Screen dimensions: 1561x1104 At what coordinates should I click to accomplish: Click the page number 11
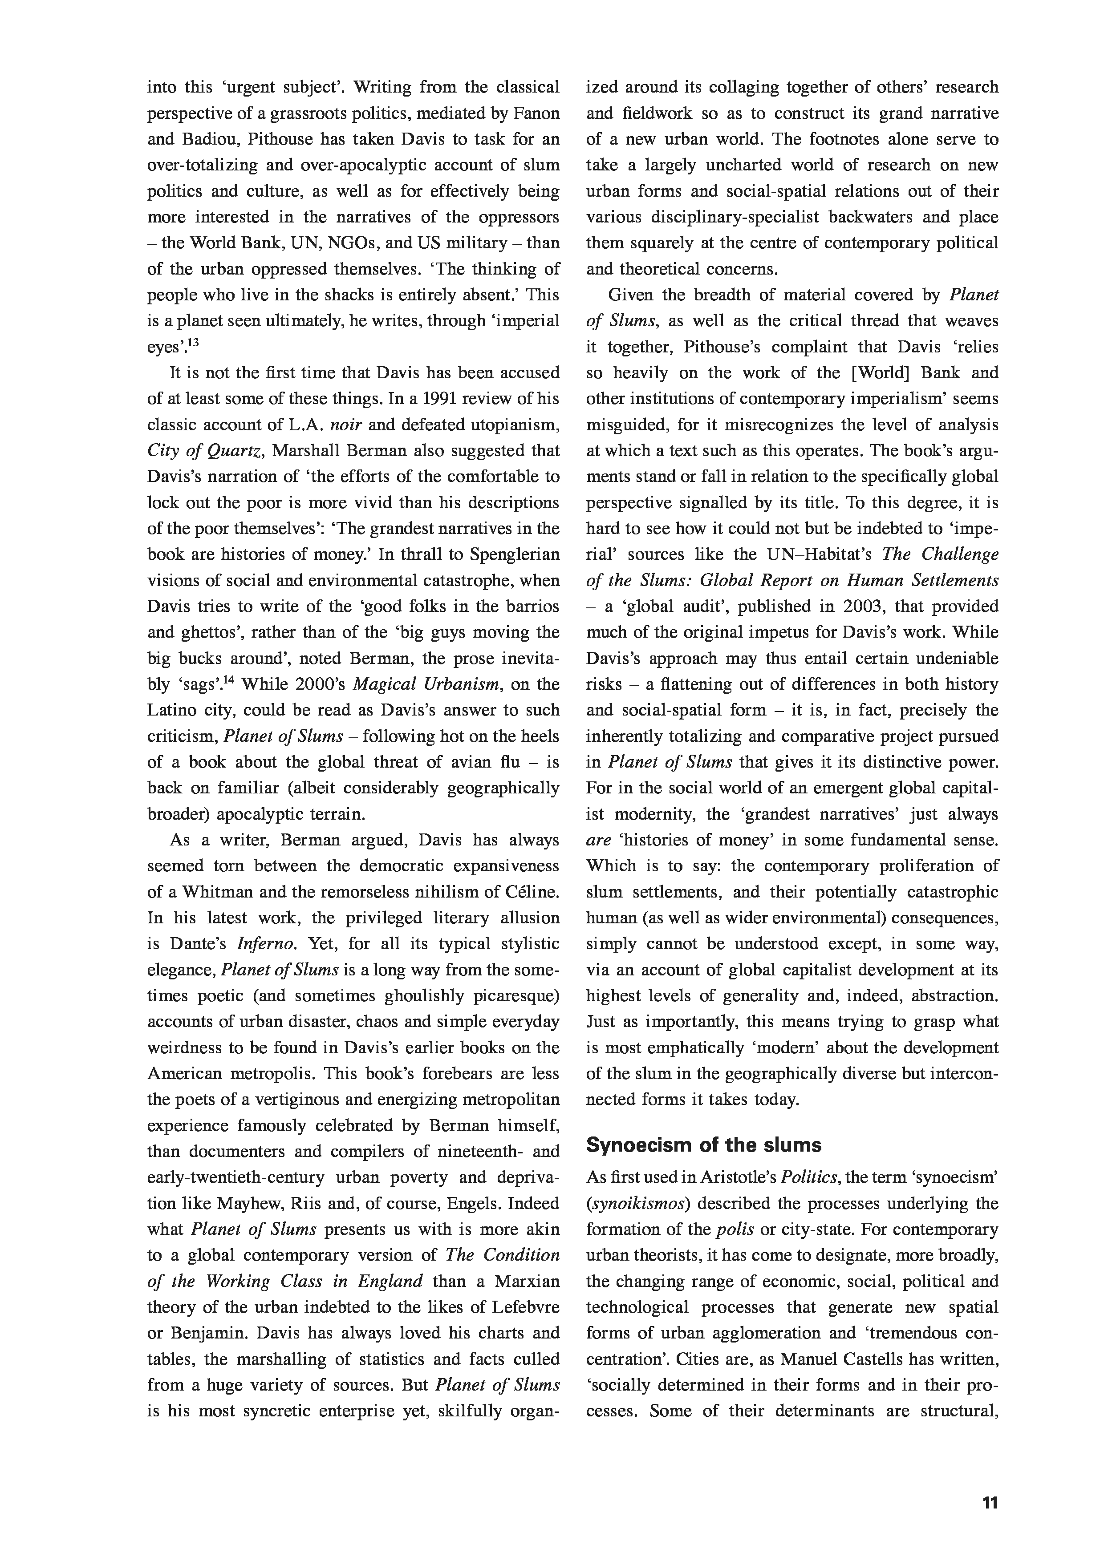coord(990,1484)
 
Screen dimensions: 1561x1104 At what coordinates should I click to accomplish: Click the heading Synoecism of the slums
coord(703,1145)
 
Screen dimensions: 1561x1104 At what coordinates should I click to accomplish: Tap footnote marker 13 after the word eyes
coord(193,343)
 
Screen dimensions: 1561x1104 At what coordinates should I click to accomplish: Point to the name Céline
coord(531,892)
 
